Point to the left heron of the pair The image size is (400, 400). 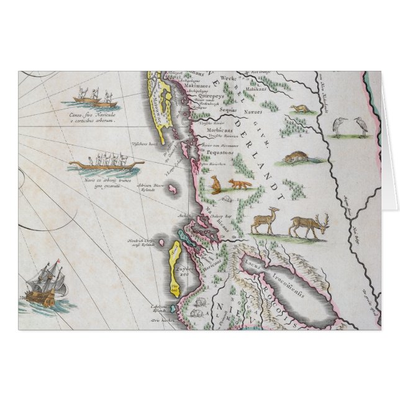340,127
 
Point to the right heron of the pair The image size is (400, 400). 361,127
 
